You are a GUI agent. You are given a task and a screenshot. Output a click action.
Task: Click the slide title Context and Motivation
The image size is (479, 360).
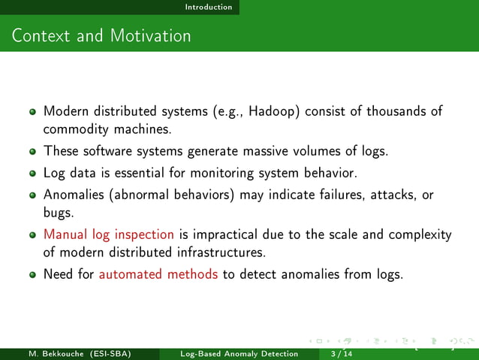click(101, 35)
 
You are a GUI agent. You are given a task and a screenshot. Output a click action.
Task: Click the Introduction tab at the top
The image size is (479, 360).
click(209, 7)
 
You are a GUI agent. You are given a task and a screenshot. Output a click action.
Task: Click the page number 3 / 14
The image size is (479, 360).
click(330, 353)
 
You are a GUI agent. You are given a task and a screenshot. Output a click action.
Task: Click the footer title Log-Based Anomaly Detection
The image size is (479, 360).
click(239, 353)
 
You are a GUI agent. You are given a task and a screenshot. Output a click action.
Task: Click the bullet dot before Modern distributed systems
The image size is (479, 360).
click(33, 112)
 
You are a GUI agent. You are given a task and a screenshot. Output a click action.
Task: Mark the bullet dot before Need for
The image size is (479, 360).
click(33, 274)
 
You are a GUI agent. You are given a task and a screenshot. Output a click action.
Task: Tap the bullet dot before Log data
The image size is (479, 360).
click(33, 174)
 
